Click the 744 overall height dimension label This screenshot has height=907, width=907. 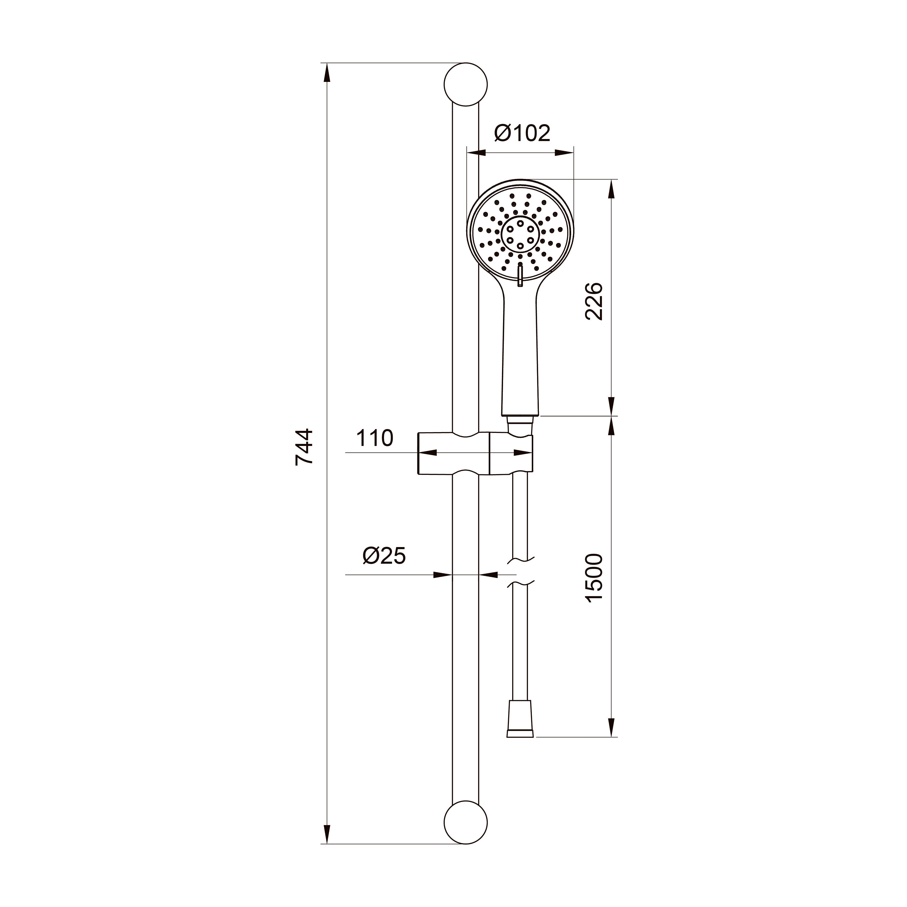(304, 446)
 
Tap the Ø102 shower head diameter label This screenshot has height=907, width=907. (522, 133)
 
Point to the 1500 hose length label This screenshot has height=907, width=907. (594, 578)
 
